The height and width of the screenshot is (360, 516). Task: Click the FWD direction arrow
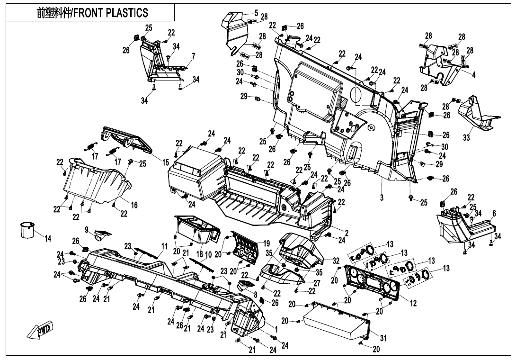pos(41,330)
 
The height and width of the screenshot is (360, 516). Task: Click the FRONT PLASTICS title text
pos(92,13)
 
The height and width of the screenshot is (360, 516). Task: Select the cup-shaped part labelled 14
pos(27,229)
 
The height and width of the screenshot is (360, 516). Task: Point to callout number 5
pos(256,13)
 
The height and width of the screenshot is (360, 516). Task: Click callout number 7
pos(193,56)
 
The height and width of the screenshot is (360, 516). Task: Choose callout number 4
pos(474,74)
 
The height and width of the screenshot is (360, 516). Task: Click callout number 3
pos(382,196)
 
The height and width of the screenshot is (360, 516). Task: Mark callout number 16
pos(134,205)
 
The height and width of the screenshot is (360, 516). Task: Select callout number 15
pos(166,162)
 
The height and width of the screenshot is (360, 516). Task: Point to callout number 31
pos(383,338)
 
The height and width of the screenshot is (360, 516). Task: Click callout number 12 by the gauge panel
pos(413,303)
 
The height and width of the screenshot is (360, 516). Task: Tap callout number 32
pos(336,261)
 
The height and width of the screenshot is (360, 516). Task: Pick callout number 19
pos(267,243)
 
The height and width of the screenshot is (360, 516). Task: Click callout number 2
pos(347,233)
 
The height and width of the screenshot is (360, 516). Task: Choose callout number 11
pos(164,246)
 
